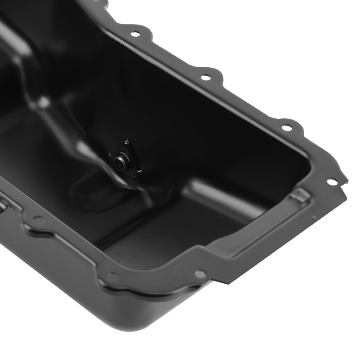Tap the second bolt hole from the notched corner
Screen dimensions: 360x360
click(287, 128)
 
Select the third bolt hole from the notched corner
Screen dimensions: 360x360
click(205, 77)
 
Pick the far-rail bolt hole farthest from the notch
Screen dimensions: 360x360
click(135, 34)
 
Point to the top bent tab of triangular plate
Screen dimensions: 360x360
click(126, 142)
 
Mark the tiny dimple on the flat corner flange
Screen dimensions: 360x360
click(314, 218)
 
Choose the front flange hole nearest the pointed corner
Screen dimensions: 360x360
click(200, 274)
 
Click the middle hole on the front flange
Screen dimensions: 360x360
click(112, 277)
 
